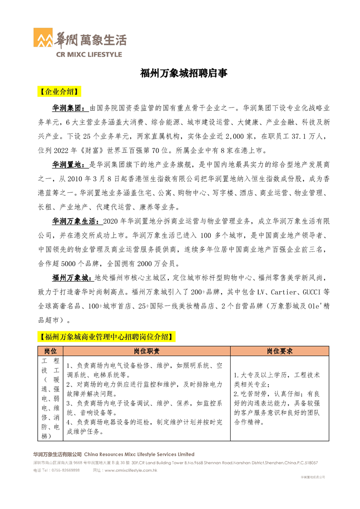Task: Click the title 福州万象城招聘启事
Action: (183, 73)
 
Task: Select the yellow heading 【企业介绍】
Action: (58, 92)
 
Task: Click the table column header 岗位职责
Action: (147, 351)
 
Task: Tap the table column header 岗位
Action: (50, 351)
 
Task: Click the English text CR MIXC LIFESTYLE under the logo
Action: (89, 54)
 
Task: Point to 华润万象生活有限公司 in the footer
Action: (57, 454)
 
